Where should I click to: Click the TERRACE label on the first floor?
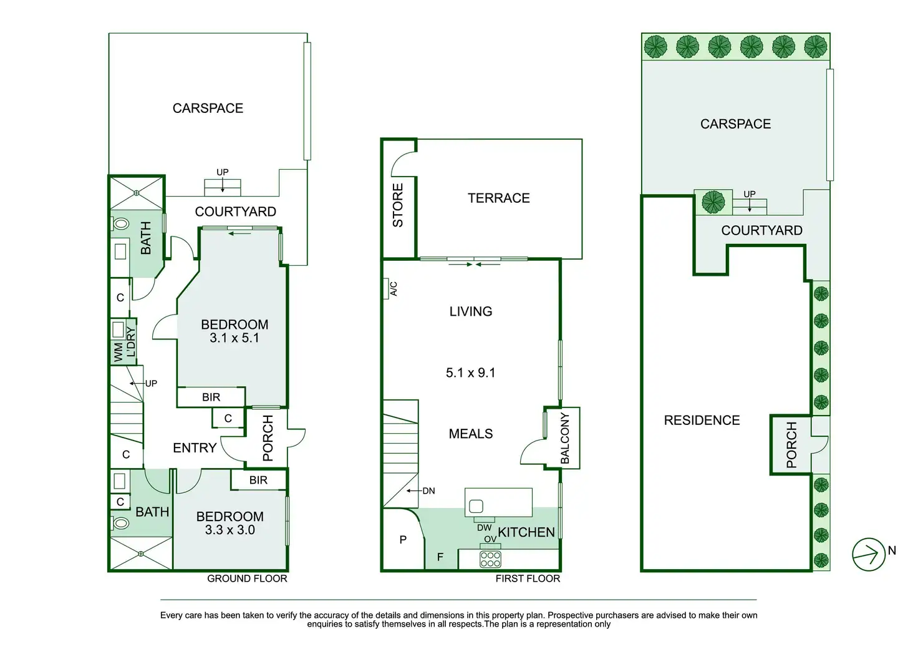(x=498, y=198)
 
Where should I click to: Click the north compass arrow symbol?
(x=868, y=554)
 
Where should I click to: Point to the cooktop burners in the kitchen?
(x=490, y=559)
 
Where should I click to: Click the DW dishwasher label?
(x=484, y=528)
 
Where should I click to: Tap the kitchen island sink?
(x=476, y=506)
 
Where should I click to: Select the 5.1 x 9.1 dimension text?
(x=470, y=373)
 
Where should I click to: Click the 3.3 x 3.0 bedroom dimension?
(x=229, y=530)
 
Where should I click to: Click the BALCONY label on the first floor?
(x=565, y=437)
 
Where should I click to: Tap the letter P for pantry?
(x=403, y=540)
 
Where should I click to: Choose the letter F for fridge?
(x=440, y=557)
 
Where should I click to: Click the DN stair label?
(x=428, y=491)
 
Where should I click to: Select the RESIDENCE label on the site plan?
(x=702, y=421)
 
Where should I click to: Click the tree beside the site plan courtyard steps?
(x=713, y=202)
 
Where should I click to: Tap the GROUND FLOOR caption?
(x=247, y=579)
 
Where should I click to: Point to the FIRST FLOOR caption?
(x=528, y=579)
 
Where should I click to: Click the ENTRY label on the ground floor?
(x=195, y=448)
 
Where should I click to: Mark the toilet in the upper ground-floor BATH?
(x=121, y=223)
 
